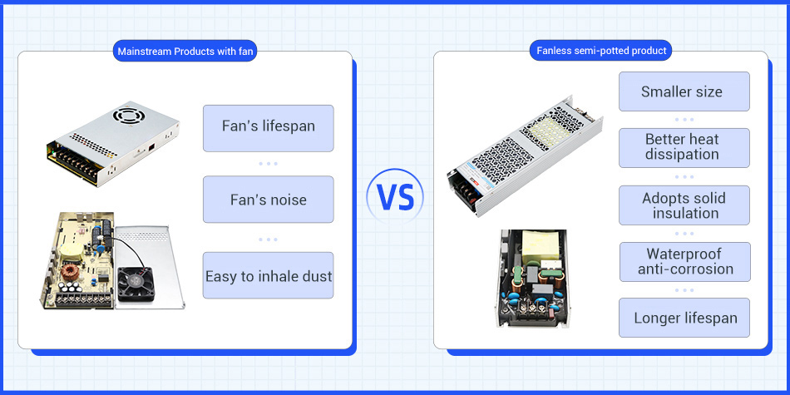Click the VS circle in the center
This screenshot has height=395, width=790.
coord(395,197)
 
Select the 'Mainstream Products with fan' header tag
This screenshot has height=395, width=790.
coord(185,52)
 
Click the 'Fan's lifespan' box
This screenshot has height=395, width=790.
coord(268,127)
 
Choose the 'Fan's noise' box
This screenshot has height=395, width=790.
coord(268,200)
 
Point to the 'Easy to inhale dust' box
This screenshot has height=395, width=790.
coord(268,276)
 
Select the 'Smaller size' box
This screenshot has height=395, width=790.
coord(684,91)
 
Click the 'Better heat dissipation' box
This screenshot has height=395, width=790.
coord(684,147)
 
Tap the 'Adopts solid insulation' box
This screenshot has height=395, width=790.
coord(684,205)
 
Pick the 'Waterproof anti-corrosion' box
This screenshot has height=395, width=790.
coord(684,262)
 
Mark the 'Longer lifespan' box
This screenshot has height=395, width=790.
coord(684,318)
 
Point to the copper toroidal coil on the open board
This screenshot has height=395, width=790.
coord(66,274)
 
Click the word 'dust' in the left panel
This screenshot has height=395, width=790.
coord(316,277)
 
